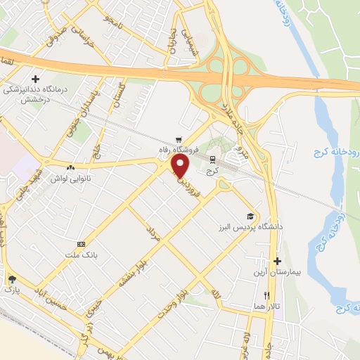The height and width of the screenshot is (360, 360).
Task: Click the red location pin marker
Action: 181,166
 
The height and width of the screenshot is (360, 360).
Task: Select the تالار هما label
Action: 266,307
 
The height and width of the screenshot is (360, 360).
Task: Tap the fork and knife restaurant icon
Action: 266,296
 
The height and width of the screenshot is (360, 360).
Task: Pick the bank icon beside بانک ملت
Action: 82,243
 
